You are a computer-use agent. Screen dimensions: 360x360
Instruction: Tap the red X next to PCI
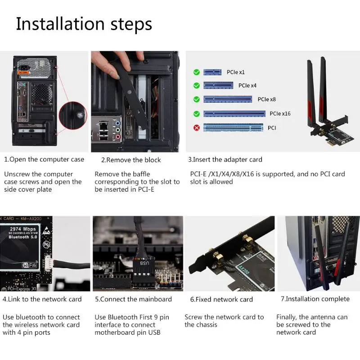point(196,128)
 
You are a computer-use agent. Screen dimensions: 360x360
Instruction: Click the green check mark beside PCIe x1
point(196,72)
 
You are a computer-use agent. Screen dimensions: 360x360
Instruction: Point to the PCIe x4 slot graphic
point(218,85)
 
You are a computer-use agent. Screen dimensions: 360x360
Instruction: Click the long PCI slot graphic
point(233,128)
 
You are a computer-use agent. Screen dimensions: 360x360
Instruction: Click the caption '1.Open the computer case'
point(44,159)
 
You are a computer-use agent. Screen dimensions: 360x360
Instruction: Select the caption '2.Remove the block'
point(130,160)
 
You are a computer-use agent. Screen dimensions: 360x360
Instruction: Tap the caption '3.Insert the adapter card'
point(225,159)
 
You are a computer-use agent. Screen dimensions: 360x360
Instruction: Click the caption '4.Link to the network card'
point(42,299)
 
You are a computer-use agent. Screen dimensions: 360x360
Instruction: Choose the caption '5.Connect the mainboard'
point(133,299)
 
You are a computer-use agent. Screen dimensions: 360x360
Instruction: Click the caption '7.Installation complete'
point(315,299)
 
